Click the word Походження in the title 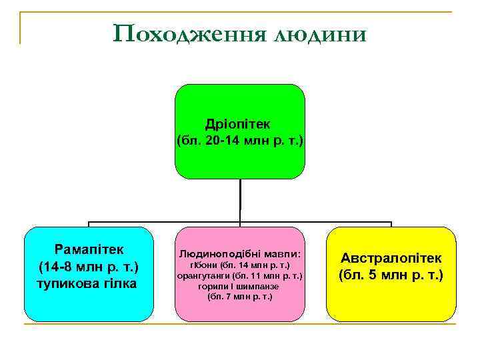[190, 33]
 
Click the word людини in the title [319, 33]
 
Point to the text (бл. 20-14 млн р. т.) [240, 141]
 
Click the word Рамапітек [89, 249]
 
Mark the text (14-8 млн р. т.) [88, 267]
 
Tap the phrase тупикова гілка [88, 283]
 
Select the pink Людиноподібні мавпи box [240, 310]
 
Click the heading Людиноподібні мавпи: [240, 254]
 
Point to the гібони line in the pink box [240, 265]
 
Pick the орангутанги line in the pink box [240, 275]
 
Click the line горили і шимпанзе [239, 285]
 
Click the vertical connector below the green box [240, 200]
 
